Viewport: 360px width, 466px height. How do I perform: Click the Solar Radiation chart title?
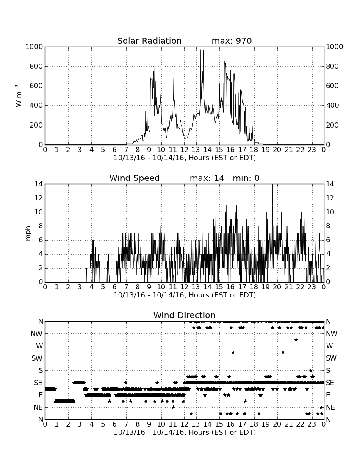click(150, 41)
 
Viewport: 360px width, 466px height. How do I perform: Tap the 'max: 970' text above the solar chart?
click(232, 41)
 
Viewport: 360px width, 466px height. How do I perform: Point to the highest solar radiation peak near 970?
click(200, 50)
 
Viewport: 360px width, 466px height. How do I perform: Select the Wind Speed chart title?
click(135, 178)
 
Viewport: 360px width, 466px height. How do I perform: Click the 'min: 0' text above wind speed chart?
click(246, 178)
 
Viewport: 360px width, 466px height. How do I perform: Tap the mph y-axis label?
click(28, 233)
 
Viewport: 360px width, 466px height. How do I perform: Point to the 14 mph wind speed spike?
click(272, 185)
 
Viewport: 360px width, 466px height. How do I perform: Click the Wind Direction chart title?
click(184, 315)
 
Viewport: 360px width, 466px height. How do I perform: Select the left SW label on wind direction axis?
click(37, 358)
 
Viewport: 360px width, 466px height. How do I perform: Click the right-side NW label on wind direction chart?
click(332, 333)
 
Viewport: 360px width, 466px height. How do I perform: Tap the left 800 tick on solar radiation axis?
click(36, 66)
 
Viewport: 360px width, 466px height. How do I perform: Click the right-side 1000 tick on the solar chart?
click(335, 47)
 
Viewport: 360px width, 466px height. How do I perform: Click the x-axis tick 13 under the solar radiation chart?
click(196, 150)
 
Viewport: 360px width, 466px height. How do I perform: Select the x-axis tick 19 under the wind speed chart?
click(265, 287)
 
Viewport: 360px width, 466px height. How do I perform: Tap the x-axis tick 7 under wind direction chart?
click(126, 424)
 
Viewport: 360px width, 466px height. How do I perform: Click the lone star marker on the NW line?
click(296, 340)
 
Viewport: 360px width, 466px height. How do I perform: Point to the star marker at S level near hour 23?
click(311, 370)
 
